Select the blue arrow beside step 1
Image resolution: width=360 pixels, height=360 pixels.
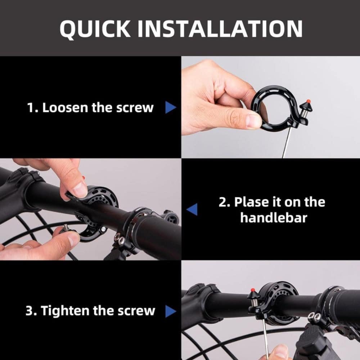171,107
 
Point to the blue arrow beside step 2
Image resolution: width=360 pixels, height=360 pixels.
192,210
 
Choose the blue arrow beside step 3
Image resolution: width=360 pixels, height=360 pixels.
171,311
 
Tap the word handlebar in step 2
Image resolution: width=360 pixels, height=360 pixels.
274,217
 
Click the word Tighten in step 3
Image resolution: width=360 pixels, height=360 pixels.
66,311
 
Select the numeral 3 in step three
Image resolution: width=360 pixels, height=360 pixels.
29,311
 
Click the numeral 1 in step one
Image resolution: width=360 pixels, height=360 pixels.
30,107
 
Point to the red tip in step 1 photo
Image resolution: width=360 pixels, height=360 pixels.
309,101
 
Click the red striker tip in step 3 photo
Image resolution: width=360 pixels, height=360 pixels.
253,290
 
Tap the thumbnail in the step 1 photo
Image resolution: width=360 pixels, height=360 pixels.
253,121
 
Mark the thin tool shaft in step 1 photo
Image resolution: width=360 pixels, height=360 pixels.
287,142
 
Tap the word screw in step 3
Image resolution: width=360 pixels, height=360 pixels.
136,311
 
